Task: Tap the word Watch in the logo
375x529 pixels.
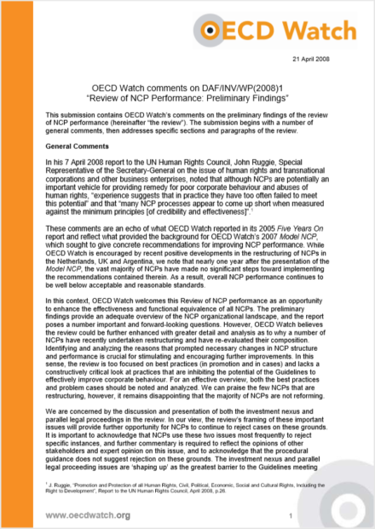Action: (322, 28)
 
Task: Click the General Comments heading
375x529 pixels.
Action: (79, 147)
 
